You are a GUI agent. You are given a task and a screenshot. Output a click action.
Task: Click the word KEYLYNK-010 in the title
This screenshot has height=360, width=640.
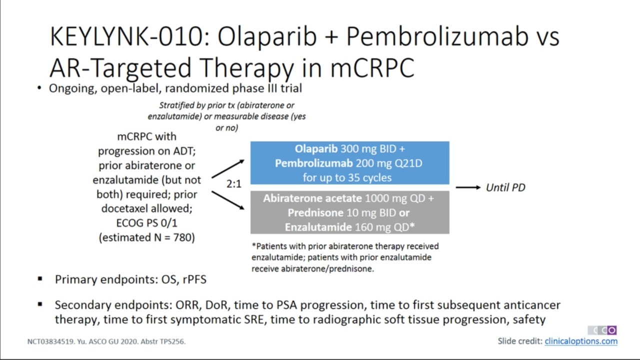[x=126, y=36]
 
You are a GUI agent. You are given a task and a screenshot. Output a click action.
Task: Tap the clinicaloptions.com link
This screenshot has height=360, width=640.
[x=581, y=341]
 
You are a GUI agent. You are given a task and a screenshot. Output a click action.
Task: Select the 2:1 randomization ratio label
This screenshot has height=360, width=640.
[x=233, y=184]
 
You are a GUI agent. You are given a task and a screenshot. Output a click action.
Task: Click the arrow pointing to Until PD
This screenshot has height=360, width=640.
[x=468, y=187]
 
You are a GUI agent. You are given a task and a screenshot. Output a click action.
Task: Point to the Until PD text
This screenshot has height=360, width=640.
[x=505, y=187]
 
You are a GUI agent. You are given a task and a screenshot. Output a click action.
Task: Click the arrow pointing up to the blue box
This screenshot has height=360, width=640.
[x=228, y=169]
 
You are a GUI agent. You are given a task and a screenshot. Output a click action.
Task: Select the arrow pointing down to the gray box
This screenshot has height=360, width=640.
[x=228, y=200]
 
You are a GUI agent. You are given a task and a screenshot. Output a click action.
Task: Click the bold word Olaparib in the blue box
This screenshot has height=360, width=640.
[x=316, y=149]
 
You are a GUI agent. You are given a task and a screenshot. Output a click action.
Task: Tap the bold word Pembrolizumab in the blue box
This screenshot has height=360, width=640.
[x=313, y=163]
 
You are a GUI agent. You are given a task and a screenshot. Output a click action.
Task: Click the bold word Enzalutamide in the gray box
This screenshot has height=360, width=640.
[x=318, y=227]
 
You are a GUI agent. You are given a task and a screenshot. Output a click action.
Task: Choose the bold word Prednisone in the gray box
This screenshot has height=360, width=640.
[x=315, y=213]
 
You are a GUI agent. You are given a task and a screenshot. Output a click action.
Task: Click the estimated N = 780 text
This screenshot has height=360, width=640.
[x=147, y=237]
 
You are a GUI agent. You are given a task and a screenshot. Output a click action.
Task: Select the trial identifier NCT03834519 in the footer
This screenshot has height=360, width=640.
[x=50, y=341]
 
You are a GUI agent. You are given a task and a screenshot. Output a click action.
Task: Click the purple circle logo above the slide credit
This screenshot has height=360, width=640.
[x=611, y=330]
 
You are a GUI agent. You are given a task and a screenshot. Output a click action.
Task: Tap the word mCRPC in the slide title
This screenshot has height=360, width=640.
[x=372, y=67]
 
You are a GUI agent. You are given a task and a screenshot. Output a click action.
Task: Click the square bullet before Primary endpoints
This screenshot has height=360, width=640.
[x=40, y=278]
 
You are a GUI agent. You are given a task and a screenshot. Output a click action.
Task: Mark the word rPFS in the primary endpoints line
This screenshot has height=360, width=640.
[x=194, y=279]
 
